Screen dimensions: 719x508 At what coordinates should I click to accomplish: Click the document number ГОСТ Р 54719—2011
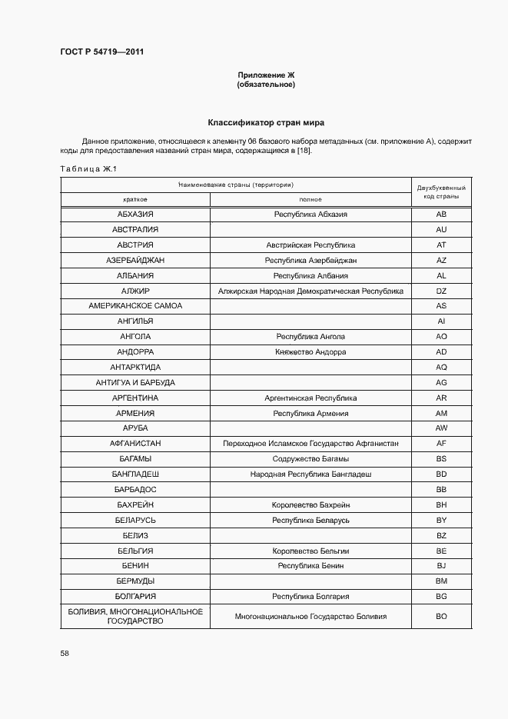coord(101,52)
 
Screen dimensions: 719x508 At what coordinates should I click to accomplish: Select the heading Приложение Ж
coord(266,75)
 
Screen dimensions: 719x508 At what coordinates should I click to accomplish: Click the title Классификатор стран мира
coord(266,123)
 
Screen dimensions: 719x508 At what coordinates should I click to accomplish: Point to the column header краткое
coord(135,199)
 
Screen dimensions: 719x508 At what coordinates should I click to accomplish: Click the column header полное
coord(310,199)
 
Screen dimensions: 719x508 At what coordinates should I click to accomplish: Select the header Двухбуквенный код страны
coord(441,192)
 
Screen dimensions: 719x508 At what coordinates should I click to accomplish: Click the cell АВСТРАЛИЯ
coord(135,230)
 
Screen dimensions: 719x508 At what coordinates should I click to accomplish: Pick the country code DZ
coord(441,291)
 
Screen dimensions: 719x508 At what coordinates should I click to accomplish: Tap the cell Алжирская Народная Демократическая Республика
coord(310,291)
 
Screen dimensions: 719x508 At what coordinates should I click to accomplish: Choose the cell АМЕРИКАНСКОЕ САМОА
coord(135,306)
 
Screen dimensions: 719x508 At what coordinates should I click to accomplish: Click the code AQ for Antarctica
coord(441,368)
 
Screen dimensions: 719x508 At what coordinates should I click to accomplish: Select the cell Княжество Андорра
coord(310,352)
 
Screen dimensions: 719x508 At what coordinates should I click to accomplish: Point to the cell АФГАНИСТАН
coord(135,444)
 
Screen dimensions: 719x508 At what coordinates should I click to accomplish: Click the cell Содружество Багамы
coord(310,459)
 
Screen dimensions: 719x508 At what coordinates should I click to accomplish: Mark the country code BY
coord(441,520)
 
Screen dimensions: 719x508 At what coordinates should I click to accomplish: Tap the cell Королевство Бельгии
coord(310,551)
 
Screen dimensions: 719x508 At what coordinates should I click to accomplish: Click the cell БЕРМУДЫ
coord(135,581)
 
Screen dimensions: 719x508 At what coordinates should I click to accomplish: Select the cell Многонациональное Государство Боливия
coord(310,617)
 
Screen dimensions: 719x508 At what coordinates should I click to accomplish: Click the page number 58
coord(65,653)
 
